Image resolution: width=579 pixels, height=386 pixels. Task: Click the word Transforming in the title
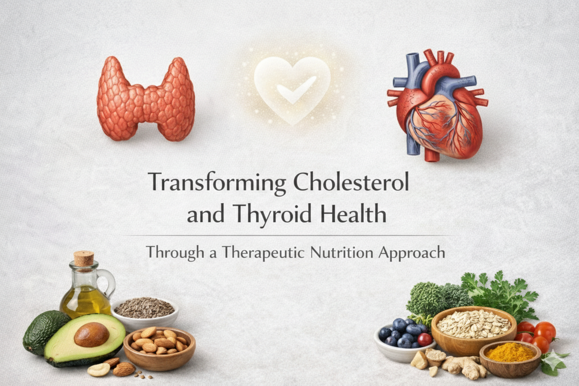point(217,183)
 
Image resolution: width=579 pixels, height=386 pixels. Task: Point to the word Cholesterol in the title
point(351,183)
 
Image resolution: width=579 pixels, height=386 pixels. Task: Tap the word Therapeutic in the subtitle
point(269,253)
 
